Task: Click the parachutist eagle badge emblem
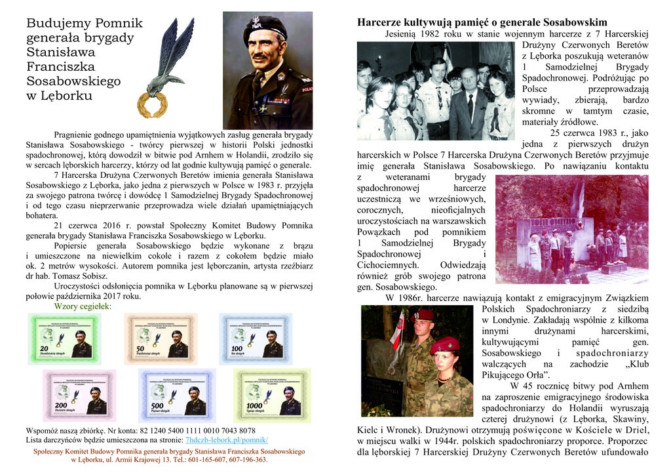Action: click(x=171, y=56)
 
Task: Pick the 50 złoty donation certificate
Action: click(x=161, y=339)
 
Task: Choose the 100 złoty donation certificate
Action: click(x=256, y=339)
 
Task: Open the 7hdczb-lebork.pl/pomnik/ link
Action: click(x=227, y=440)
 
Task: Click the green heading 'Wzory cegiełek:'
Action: click(x=83, y=306)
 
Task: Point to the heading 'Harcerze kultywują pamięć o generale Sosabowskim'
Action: click(x=482, y=22)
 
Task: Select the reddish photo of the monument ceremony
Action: click(x=571, y=230)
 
